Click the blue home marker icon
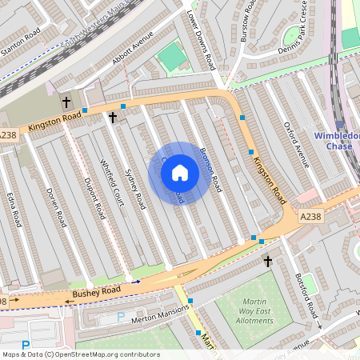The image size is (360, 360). pos(180,172)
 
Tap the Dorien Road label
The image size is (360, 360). pos(55,206)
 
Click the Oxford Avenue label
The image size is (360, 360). pos(296,145)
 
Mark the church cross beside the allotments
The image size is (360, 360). pos(267,261)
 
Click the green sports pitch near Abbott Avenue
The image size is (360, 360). pos(170,56)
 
